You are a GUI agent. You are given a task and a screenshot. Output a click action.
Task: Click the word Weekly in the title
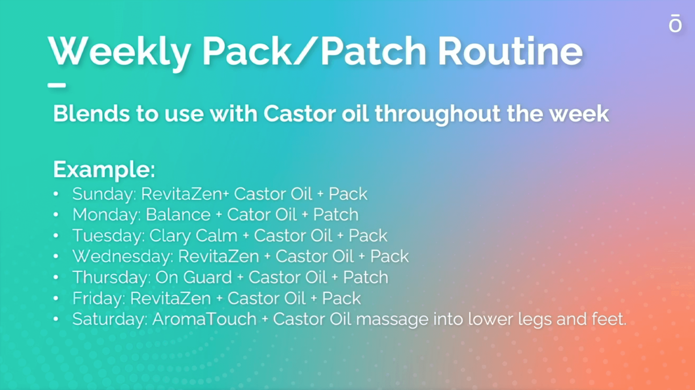tap(119, 52)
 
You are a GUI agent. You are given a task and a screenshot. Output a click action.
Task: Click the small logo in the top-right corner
tap(675, 23)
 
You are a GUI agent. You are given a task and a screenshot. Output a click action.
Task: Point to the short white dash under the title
tap(57, 85)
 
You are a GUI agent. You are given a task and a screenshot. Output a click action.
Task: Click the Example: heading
tap(104, 170)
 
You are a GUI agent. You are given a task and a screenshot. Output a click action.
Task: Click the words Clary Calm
tap(193, 236)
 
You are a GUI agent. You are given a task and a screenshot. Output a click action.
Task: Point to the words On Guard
tap(194, 277)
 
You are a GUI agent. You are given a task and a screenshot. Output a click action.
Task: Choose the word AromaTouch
tap(204, 319)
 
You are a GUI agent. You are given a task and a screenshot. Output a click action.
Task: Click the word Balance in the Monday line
tap(178, 214)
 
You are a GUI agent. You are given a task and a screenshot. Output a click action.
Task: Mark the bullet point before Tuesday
tap(56, 236)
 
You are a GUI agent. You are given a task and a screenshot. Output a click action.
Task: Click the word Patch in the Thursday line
tap(366, 277)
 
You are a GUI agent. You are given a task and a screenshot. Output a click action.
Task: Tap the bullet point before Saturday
tap(56, 319)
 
